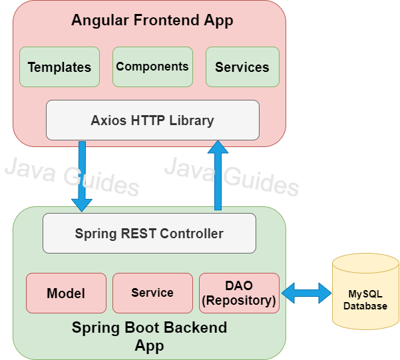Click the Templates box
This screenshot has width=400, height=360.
(59, 67)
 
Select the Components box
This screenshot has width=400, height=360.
(152, 67)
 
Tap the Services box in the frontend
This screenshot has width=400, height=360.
(242, 67)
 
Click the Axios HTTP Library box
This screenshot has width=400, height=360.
(152, 120)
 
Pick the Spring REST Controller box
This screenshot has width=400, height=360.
(149, 233)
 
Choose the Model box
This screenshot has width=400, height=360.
(66, 293)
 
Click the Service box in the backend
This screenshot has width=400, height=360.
(152, 293)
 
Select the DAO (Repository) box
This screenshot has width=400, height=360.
(239, 293)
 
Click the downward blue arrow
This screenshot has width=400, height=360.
(83, 176)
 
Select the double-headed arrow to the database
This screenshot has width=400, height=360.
(306, 292)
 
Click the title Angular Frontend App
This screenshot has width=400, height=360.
(152, 21)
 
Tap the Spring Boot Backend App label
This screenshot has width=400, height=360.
(149, 337)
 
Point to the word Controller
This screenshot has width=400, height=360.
(192, 234)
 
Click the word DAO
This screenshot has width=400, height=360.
(239, 285)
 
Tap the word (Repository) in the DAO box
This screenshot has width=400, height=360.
(239, 300)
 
